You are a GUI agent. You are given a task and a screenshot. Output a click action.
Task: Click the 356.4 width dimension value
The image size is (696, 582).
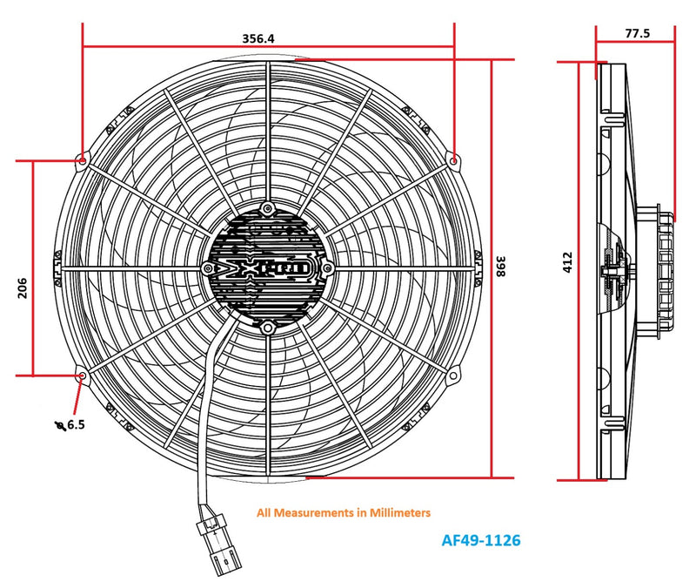point(258,38)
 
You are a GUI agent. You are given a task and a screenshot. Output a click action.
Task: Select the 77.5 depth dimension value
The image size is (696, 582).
point(637,33)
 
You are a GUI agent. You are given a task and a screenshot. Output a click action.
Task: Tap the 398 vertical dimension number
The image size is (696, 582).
point(501,267)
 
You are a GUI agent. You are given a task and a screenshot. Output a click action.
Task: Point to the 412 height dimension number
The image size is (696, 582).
point(567,262)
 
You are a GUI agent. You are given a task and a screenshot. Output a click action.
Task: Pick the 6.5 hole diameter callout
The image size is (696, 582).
point(74,424)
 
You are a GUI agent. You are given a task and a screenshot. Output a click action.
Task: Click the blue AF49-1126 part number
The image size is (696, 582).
point(481,540)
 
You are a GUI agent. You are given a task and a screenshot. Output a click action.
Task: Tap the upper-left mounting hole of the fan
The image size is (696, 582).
point(82,159)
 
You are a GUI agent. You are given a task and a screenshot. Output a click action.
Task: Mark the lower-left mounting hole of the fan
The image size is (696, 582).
point(82,376)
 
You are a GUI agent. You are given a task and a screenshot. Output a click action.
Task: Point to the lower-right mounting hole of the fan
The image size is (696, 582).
point(454,376)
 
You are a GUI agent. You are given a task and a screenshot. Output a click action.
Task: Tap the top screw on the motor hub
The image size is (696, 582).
point(268,207)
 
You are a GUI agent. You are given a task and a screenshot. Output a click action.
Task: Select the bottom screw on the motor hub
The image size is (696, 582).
point(268,327)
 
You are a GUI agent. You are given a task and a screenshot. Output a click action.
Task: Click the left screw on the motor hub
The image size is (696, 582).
point(208,267)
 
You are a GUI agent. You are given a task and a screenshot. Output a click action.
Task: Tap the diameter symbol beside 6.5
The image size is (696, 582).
point(58,425)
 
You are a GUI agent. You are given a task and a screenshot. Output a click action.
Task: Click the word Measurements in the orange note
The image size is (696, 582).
point(310,513)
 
